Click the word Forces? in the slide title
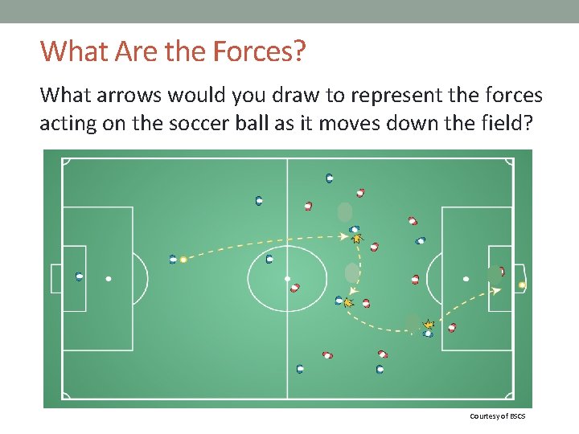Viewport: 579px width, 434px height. pos(260,51)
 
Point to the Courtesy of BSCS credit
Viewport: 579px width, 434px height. pos(497,416)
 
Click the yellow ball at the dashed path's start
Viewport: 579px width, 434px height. pos(183,260)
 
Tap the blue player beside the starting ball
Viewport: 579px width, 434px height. pos(173,259)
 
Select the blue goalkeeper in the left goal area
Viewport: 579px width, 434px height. pos(79,276)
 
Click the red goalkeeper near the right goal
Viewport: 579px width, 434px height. pos(501,272)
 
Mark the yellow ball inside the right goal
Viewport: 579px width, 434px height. pos(522,285)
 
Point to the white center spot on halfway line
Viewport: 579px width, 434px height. pos(287,279)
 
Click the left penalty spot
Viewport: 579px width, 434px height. pos(109,279)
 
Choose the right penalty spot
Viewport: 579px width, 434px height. pos(466,279)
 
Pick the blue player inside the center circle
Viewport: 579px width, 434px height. pos(269,259)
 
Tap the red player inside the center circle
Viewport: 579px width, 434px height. pos(295,287)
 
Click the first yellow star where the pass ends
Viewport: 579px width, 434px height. pos(357,238)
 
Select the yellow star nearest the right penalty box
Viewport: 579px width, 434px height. pos(429,325)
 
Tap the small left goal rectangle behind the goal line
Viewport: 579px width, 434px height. pos(55,278)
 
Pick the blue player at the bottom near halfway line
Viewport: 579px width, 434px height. pos(300,369)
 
